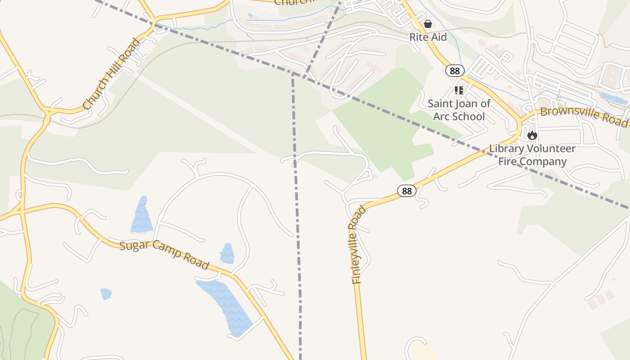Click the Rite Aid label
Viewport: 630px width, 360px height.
click(x=428, y=37)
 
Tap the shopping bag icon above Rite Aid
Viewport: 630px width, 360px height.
click(x=428, y=23)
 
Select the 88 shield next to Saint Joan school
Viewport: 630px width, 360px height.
click(x=455, y=71)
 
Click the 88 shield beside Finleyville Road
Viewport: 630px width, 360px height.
click(x=407, y=191)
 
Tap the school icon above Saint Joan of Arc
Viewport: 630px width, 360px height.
click(x=459, y=90)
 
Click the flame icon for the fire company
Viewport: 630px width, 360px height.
click(x=532, y=135)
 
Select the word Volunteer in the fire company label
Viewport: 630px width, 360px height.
click(x=550, y=148)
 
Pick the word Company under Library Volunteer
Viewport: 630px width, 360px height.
click(x=544, y=162)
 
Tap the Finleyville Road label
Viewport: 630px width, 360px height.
click(x=356, y=245)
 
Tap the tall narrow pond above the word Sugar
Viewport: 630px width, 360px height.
click(x=142, y=215)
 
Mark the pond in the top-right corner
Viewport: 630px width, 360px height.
click(x=613, y=98)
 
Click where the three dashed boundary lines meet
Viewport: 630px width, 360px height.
click(x=293, y=73)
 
